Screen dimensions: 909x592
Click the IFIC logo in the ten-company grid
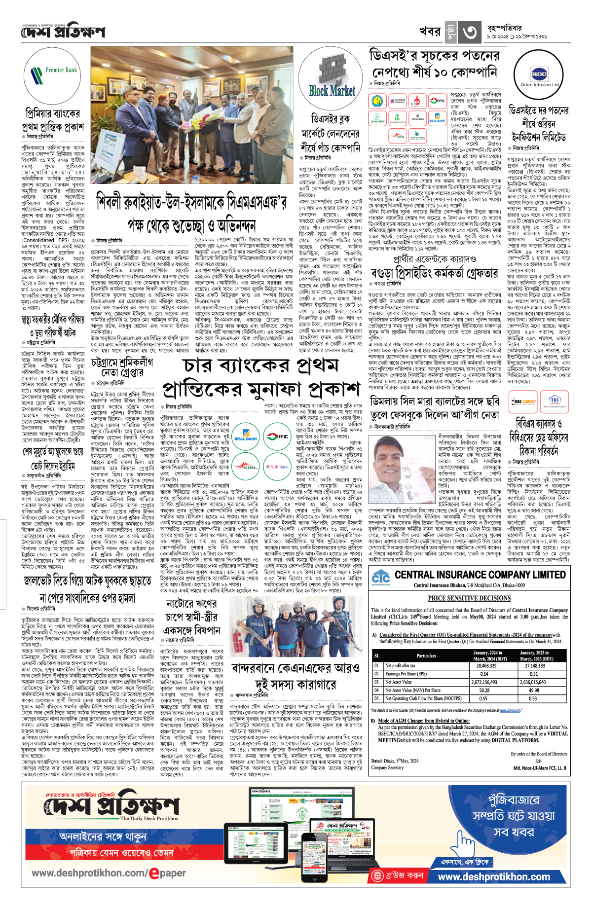[x=437, y=101]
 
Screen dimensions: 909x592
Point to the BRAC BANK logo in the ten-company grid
[x=437, y=118]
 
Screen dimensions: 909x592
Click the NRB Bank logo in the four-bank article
[x=277, y=466]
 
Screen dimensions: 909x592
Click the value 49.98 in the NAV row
[x=534, y=691]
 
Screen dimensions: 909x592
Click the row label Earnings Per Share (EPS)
[x=406, y=674]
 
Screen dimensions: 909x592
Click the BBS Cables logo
[x=523, y=402]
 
